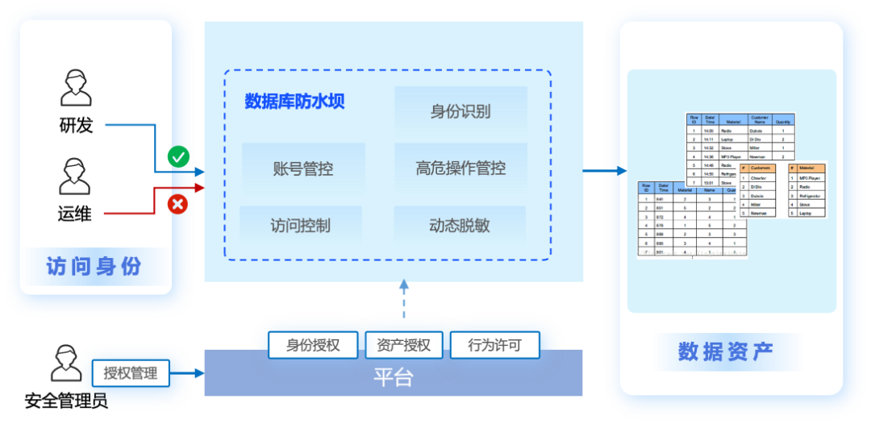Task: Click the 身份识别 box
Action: click(x=461, y=110)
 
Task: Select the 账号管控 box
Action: click(x=303, y=168)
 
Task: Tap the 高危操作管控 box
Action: click(x=461, y=168)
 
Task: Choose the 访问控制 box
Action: click(x=301, y=226)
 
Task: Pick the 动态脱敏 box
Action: click(x=460, y=226)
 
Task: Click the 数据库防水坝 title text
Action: click(x=295, y=102)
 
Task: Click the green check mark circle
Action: click(x=178, y=156)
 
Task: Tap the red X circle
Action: click(x=177, y=204)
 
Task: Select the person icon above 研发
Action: click(x=76, y=88)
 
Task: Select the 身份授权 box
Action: click(x=313, y=346)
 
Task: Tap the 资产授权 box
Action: click(x=403, y=346)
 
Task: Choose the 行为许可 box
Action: click(x=494, y=346)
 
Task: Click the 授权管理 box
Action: click(x=131, y=373)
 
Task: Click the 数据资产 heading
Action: click(x=725, y=351)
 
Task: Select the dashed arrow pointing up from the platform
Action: click(x=404, y=302)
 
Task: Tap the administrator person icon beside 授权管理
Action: click(x=65, y=364)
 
